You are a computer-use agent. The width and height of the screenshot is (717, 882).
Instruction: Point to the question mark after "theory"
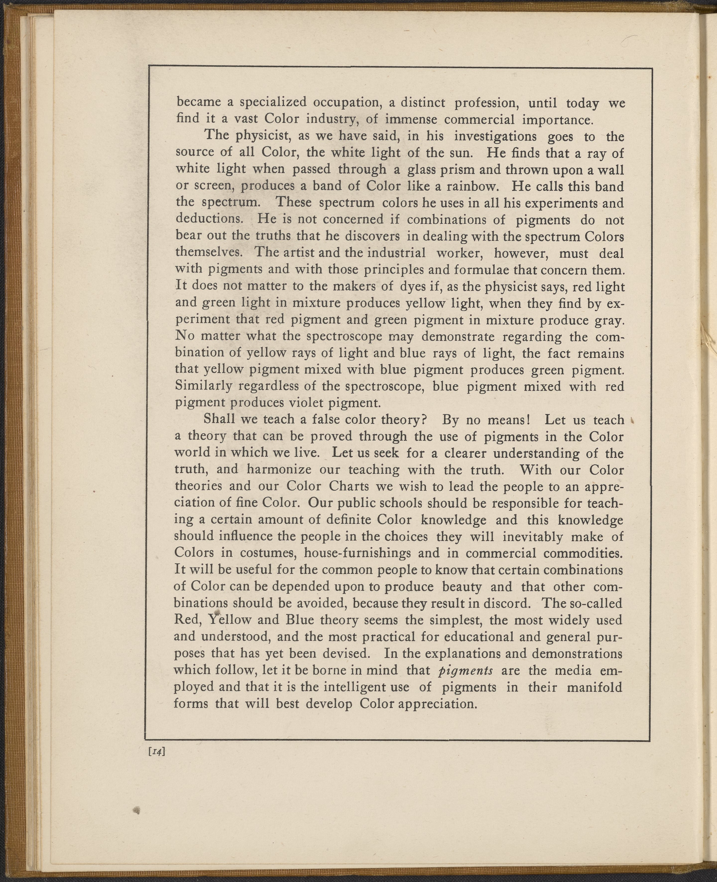point(423,420)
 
